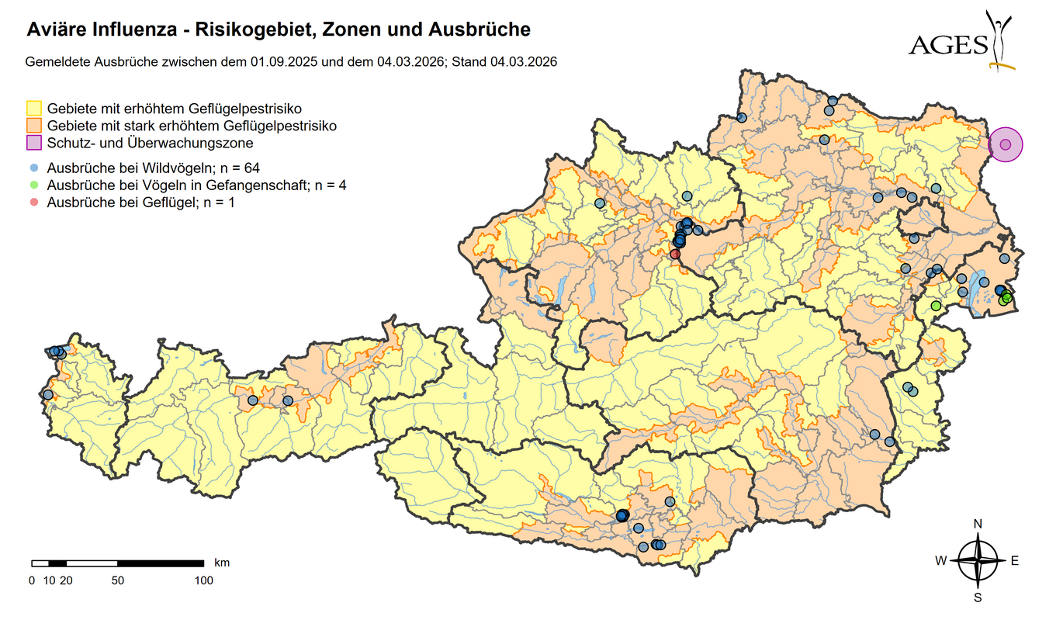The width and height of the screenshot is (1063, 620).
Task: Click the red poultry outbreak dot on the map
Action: [675, 254]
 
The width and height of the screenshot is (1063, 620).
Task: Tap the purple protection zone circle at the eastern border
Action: [1006, 144]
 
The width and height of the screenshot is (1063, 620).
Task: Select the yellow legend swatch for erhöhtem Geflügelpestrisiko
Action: [34, 108]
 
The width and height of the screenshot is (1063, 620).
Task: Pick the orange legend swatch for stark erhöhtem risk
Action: [34, 125]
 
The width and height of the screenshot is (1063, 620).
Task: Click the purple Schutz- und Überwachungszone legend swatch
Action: [34, 143]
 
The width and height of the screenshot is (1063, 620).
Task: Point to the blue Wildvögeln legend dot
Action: [34, 168]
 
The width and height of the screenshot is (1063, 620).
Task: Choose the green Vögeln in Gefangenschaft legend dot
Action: [34, 185]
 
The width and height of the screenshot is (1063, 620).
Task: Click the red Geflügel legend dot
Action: [34, 203]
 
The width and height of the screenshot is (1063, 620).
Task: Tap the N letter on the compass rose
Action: [978, 524]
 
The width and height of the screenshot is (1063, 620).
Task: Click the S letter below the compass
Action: [978, 597]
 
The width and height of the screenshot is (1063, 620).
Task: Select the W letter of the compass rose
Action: [940, 561]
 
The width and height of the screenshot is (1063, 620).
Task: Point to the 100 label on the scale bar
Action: [203, 580]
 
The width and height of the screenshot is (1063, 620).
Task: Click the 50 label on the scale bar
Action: [117, 580]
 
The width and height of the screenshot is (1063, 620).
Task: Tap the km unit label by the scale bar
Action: [222, 562]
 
